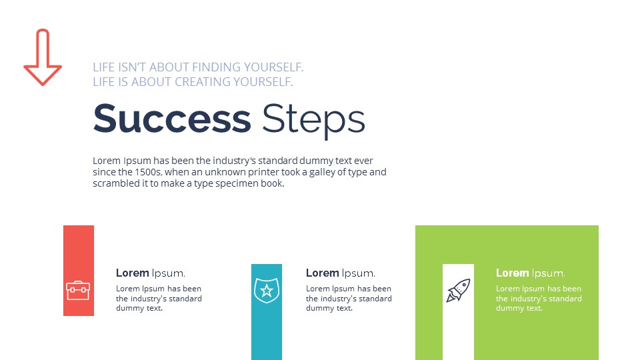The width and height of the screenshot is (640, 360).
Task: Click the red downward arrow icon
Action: pyautogui.click(x=43, y=58)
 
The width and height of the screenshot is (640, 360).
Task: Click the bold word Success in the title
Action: pyautogui.click(x=172, y=119)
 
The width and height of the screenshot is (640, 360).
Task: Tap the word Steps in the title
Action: pyautogui.click(x=313, y=120)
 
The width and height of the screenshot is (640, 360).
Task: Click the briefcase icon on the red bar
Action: pyautogui.click(x=78, y=290)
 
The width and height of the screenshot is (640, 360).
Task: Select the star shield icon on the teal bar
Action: pyautogui.click(x=266, y=291)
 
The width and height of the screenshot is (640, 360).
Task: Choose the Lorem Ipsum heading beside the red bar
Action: pyautogui.click(x=150, y=273)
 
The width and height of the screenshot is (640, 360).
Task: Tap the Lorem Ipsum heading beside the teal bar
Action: pyautogui.click(x=340, y=273)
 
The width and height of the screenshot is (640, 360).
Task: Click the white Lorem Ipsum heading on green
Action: pyautogui.click(x=530, y=273)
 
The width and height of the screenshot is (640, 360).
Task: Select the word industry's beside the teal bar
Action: pyautogui.click(x=343, y=299)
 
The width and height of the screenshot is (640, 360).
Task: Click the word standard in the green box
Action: pyautogui.click(x=565, y=299)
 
